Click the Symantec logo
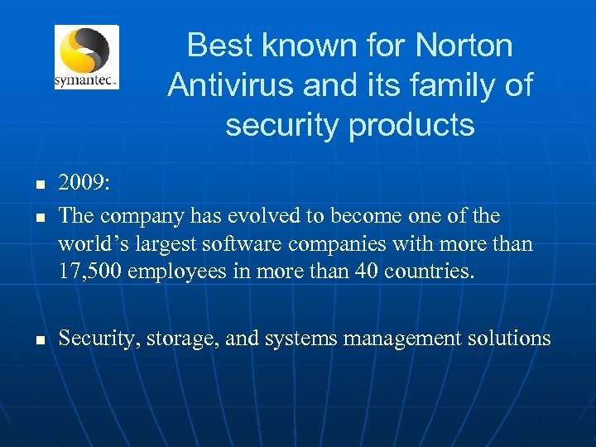(x=86, y=56)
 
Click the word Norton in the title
(x=465, y=45)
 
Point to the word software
(x=238, y=244)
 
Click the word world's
(x=89, y=244)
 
